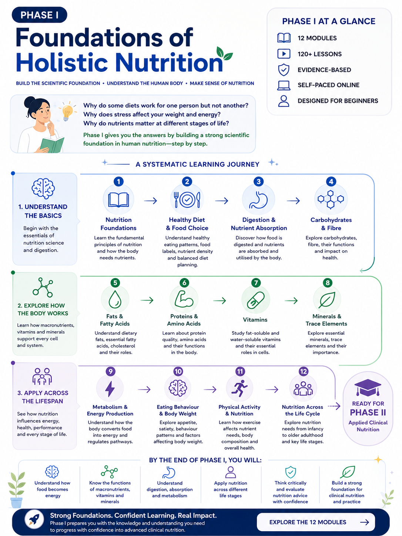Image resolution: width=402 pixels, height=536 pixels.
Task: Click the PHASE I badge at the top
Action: [x=39, y=15]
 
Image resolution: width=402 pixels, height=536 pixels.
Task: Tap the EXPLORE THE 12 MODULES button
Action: [x=316, y=522]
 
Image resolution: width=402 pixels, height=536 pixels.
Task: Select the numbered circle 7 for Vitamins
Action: [x=256, y=283]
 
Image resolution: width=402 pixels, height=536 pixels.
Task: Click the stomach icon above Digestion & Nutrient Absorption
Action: [x=258, y=200]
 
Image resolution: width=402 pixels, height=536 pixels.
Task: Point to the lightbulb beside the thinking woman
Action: [x=67, y=111]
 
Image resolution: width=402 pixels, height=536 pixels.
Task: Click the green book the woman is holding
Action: [x=52, y=145]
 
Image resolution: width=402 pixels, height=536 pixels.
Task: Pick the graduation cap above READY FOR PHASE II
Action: [x=368, y=388]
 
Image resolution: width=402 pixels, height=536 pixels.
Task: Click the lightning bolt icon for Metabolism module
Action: [x=110, y=389]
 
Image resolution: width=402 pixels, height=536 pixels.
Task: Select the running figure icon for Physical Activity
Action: [x=240, y=388]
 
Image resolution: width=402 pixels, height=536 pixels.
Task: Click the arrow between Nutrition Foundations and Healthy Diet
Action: [x=151, y=201]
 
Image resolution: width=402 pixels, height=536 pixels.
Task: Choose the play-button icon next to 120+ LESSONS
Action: [x=284, y=54]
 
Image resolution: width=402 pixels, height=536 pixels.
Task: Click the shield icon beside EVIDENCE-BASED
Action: [x=284, y=70]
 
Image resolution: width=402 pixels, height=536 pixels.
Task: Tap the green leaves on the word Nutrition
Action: [x=224, y=53]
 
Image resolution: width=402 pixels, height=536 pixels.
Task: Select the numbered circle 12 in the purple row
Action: [x=304, y=371]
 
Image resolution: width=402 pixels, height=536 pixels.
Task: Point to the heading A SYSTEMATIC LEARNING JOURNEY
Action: [x=197, y=164]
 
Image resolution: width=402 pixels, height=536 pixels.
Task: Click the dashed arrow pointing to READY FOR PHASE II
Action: [x=334, y=406]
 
